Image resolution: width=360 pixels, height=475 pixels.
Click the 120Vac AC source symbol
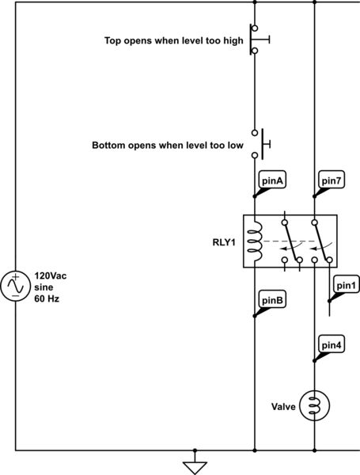(17, 287)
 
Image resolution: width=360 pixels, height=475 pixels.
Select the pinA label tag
(271, 181)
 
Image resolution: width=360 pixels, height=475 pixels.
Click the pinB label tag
(271, 300)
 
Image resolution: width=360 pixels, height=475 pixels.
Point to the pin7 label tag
(331, 181)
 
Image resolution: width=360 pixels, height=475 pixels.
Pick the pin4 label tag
(331, 344)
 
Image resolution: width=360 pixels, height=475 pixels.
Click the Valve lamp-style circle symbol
(315, 405)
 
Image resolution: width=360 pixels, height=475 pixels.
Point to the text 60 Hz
(46, 301)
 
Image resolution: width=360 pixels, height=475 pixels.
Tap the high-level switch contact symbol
(257, 40)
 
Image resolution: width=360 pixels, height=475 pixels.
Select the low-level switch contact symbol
(258, 144)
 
